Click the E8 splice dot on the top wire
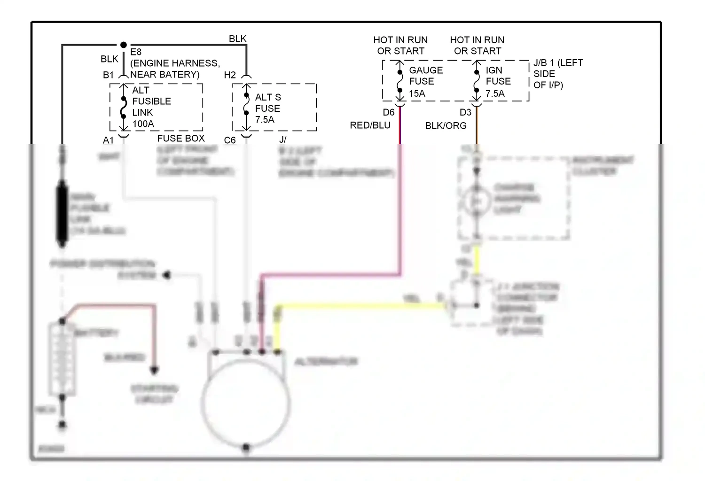coord(123,45)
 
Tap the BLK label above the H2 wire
coord(237,39)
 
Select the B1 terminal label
coord(108,75)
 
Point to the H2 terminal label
coord(230,75)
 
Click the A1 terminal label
coord(108,140)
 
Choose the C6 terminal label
coord(230,140)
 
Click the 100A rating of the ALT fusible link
coord(143,124)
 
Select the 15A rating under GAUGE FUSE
coord(417,93)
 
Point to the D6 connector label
coord(389,112)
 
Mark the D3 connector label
coord(465,112)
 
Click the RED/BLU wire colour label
coord(370,125)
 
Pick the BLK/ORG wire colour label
coord(446,126)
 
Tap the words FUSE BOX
coord(181,139)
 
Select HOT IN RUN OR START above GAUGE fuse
coord(400,46)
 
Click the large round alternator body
coord(246,404)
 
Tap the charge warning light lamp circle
coord(476,201)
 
